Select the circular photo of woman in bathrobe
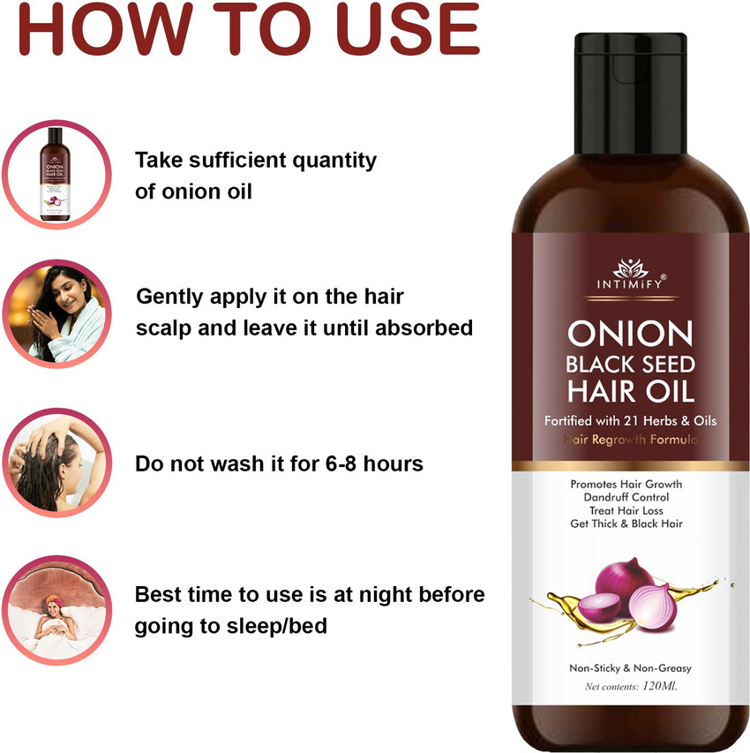(56, 314)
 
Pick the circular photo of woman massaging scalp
(56, 463)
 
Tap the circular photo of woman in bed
(56, 610)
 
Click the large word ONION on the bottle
(629, 334)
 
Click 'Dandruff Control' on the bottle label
(626, 498)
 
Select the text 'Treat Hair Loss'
(626, 510)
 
